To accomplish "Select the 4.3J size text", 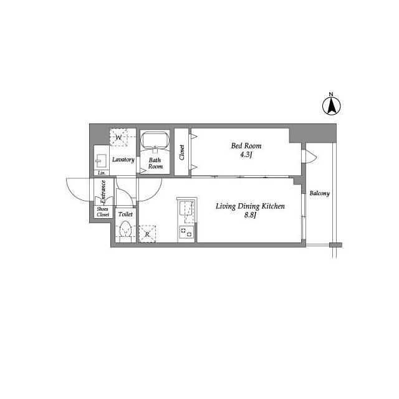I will pos(246,155).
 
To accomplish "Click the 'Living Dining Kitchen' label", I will pos(250,206).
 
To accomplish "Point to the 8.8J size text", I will pos(250,216).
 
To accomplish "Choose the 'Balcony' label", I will pos(319,193).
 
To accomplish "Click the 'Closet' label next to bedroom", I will pos(182,153).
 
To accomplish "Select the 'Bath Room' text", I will pos(155,163).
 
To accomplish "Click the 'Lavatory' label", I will pos(123,160).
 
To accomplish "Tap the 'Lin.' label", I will pos(100,173).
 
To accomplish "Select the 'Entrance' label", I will pos(103,191).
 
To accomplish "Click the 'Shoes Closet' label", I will pos(102,211).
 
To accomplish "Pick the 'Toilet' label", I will pos(125,214).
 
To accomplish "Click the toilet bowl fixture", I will pos(125,231).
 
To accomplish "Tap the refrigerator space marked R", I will pos(147,234).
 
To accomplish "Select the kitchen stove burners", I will pos(186,233).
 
